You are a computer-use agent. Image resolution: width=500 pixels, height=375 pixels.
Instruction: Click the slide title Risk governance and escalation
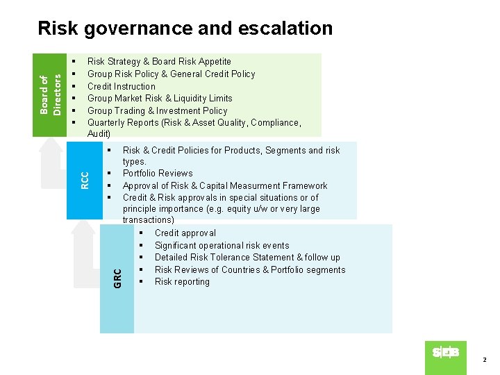point(185,28)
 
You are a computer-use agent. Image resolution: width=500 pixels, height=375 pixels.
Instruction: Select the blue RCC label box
point(84,181)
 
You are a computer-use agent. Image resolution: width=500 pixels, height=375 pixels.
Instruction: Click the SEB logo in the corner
point(445,353)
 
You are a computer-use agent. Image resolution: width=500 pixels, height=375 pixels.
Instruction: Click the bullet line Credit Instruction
point(121,86)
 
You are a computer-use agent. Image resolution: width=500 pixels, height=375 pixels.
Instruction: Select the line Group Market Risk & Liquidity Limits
point(160,98)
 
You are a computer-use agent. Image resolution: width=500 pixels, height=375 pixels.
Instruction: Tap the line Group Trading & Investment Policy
point(157,110)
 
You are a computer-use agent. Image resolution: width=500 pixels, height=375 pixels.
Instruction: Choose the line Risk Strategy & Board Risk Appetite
point(159,62)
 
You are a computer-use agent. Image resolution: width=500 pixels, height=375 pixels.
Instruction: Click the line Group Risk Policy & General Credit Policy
point(171,74)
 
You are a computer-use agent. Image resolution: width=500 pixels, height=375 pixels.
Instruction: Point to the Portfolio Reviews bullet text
point(158,173)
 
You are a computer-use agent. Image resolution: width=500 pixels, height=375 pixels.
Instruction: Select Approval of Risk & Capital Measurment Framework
point(224,185)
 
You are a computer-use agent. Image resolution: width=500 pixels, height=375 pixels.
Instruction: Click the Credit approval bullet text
point(185,233)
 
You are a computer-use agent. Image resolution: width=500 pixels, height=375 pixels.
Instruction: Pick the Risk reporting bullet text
point(182,281)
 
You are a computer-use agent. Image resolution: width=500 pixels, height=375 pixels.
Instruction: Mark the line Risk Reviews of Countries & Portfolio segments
point(249,269)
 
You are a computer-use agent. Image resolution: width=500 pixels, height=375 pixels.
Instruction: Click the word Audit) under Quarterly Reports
point(99,133)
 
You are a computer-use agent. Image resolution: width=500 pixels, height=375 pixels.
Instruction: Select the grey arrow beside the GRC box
point(87,253)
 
